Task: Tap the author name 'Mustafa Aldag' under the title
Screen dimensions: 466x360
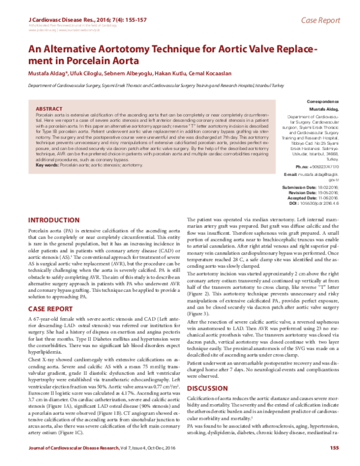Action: tap(44, 73)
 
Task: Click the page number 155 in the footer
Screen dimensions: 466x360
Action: tap(334, 448)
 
